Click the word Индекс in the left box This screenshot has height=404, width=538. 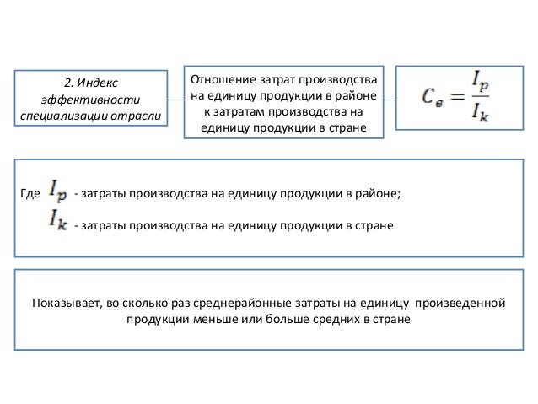(x=97, y=83)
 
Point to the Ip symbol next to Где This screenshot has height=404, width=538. (x=60, y=192)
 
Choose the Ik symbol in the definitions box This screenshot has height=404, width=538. (x=59, y=224)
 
